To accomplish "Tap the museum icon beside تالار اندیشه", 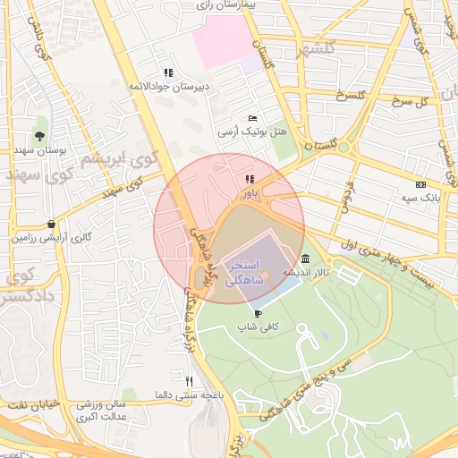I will click(306, 259).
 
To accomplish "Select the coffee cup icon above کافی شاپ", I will click(259, 313).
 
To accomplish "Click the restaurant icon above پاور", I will click(249, 179).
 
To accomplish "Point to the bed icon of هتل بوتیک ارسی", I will click(253, 118).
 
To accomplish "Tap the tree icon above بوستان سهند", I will click(39, 136).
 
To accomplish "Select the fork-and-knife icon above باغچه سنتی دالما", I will click(189, 381).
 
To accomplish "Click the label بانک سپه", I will click(419, 196).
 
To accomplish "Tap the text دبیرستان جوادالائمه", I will click(169, 87).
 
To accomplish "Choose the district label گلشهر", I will click(318, 49).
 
